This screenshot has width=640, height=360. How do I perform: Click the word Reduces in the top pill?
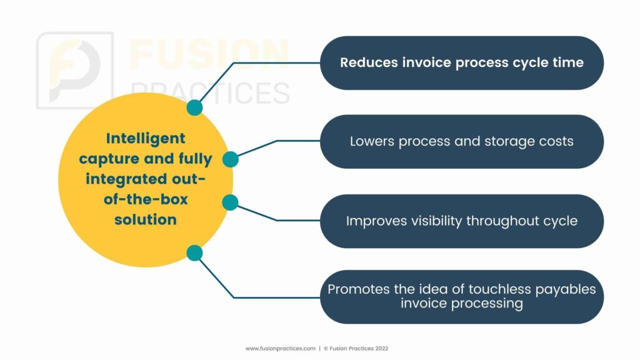coord(369,62)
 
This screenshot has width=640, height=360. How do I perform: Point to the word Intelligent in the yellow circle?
coord(146,138)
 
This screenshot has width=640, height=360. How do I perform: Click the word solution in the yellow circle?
coord(145,219)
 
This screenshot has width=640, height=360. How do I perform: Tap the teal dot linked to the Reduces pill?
coord(195,107)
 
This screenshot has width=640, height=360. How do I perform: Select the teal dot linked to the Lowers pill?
coord(231,159)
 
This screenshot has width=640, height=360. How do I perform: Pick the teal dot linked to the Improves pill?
coord(230,202)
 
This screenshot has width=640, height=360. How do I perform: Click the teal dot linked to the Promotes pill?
coord(195,253)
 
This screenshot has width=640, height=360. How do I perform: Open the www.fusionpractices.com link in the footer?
coord(281,349)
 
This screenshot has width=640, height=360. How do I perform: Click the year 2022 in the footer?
coord(382,349)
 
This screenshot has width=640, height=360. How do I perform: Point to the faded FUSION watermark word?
coord(209,54)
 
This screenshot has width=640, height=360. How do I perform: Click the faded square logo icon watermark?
coord(75,70)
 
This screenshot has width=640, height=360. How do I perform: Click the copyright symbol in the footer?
coord(326,349)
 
